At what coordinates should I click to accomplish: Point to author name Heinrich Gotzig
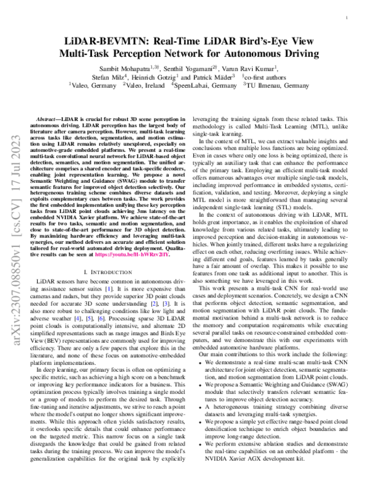click(161, 75)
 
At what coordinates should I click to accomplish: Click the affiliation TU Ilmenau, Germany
click(279, 83)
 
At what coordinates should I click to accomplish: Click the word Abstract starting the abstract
click(50, 119)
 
